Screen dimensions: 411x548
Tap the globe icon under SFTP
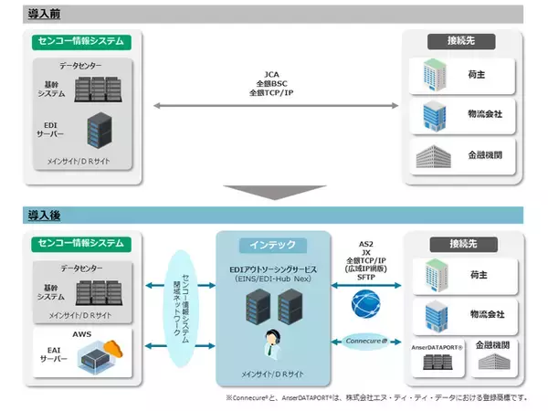(x=369, y=302)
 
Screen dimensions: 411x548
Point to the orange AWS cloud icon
(x=112, y=350)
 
